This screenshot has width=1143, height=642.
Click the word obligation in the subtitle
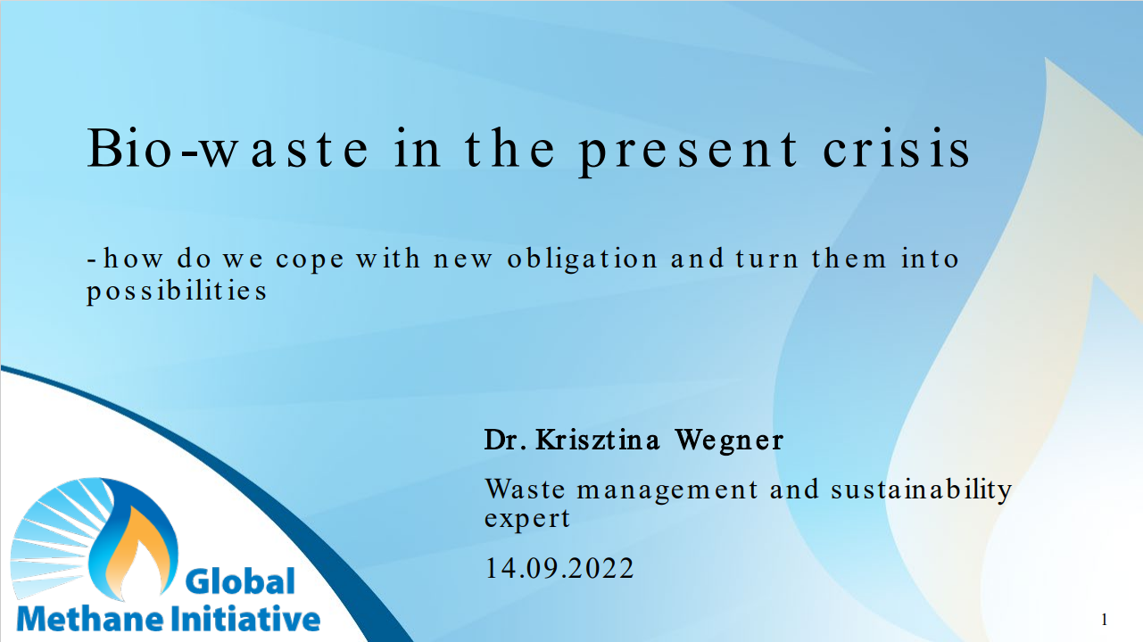pos(583,259)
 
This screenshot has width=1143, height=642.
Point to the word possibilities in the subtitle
pos(177,292)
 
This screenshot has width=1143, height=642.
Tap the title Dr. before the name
pos(507,440)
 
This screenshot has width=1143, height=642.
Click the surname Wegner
pos(729,440)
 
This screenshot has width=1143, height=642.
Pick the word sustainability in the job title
pos(922,490)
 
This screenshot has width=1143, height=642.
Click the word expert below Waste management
pos(526,518)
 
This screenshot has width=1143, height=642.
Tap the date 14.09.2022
pos(559,568)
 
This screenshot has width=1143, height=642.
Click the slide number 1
pos(1105,619)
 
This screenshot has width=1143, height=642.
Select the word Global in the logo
pos(239,582)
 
